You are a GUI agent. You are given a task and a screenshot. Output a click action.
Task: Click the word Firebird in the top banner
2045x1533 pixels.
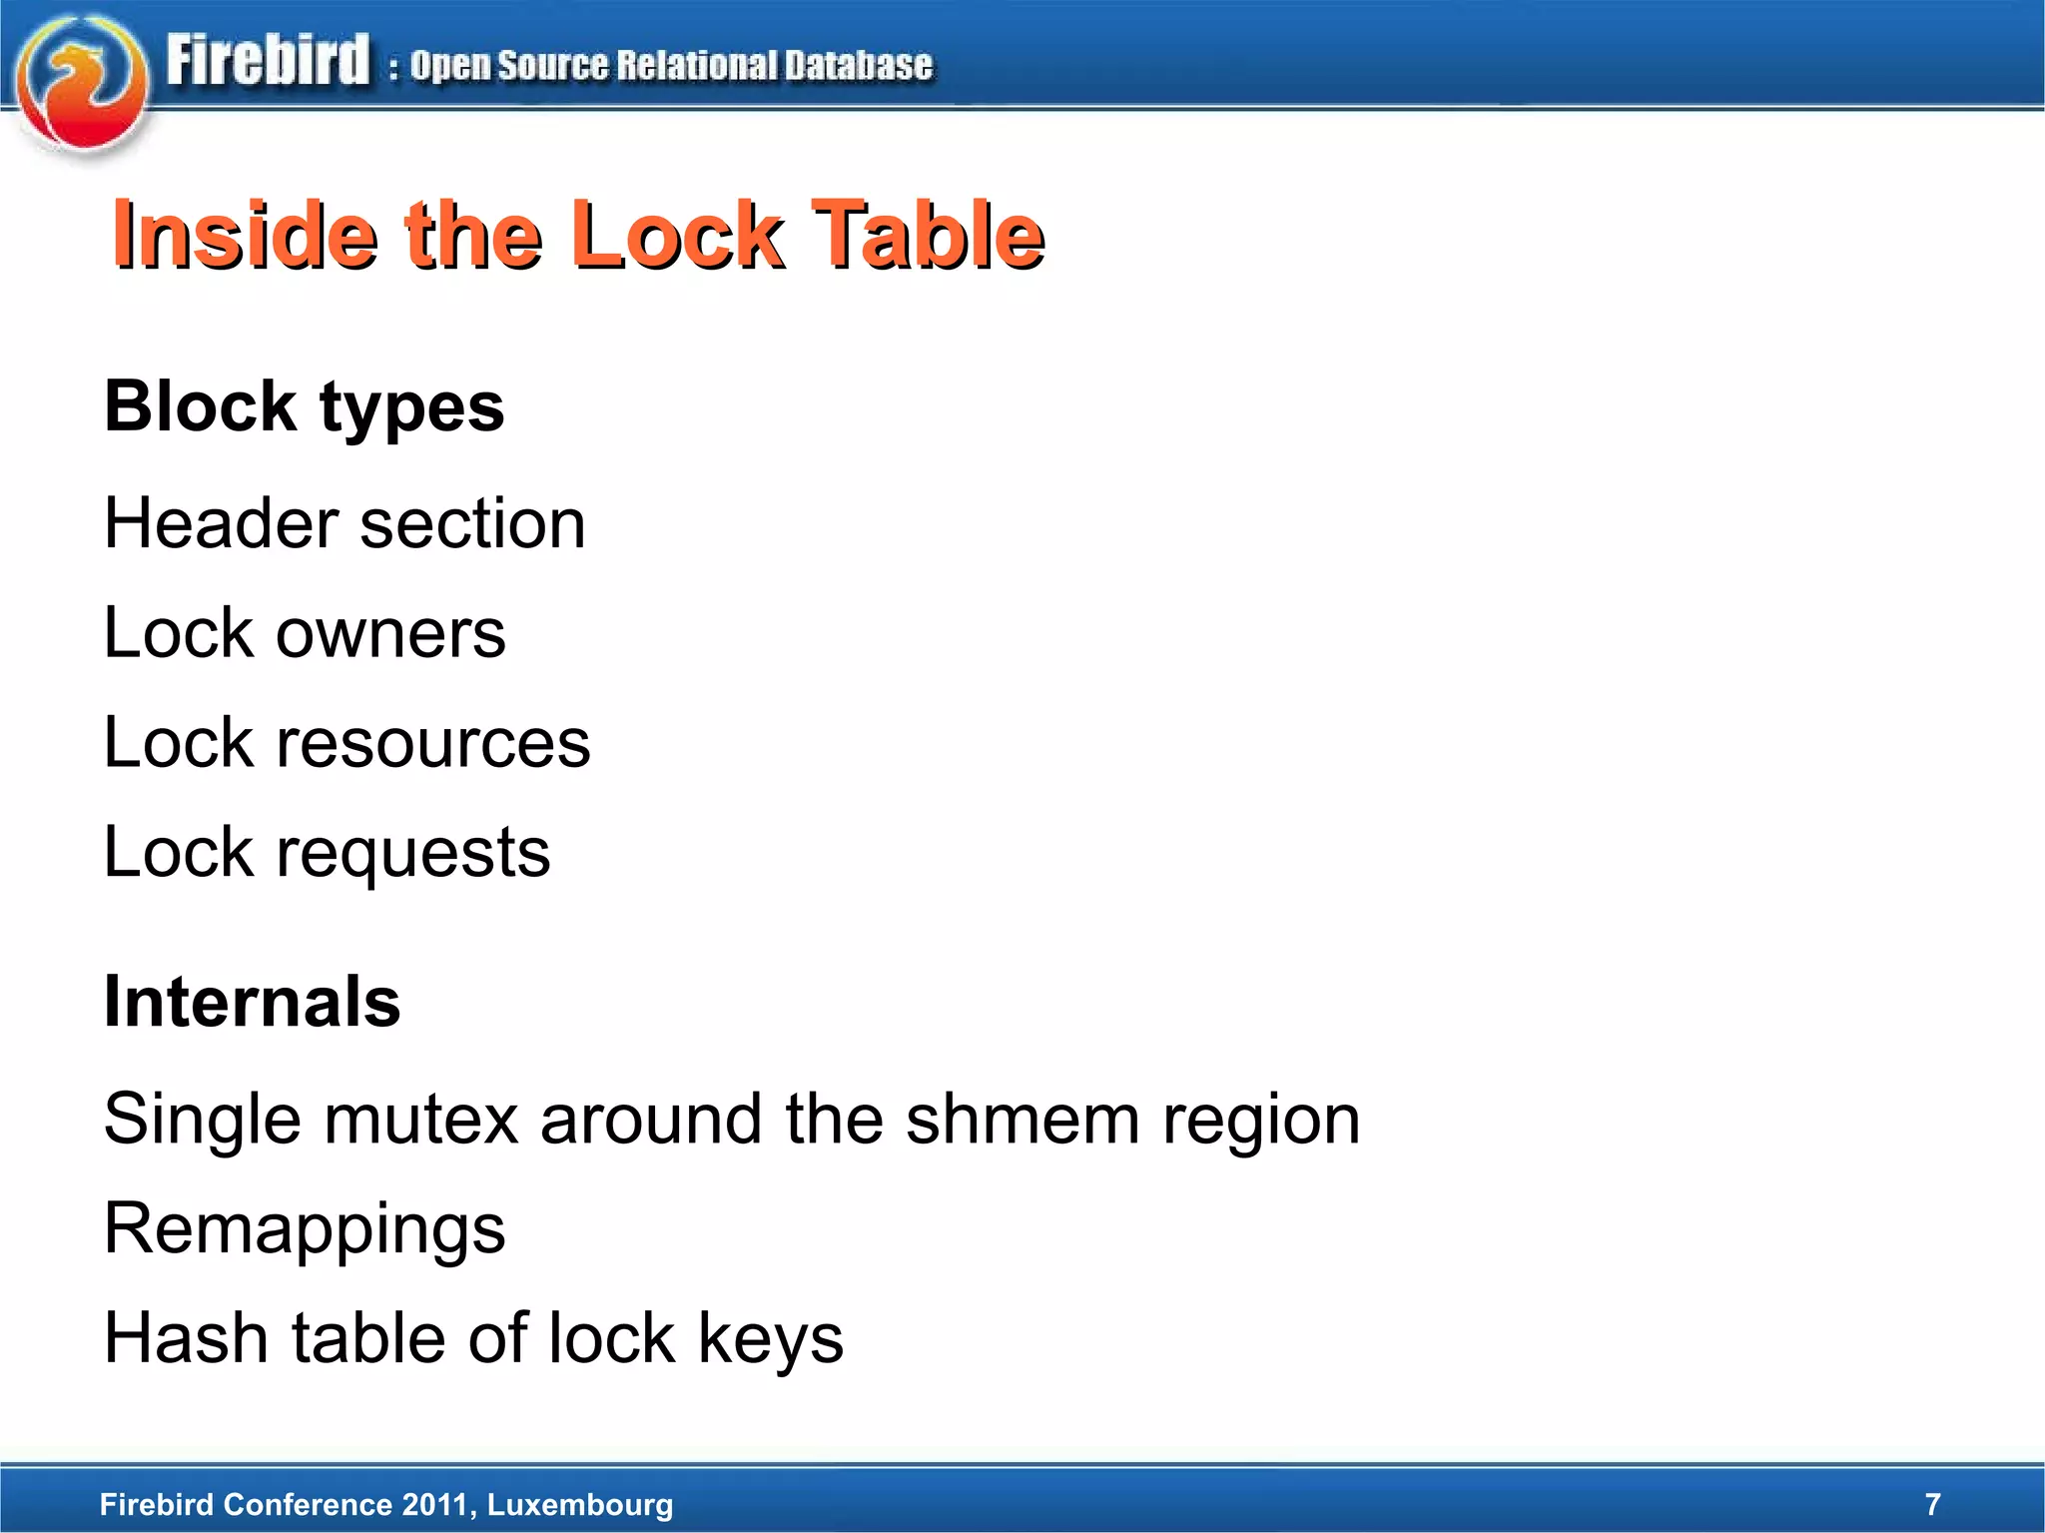268,61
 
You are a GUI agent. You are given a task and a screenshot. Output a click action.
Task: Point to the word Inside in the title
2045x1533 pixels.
246,236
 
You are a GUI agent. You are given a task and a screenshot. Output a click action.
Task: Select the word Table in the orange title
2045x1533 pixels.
928,236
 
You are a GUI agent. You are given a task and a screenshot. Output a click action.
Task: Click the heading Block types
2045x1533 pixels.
305,407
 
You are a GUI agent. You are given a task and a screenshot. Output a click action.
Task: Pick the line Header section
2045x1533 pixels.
344,523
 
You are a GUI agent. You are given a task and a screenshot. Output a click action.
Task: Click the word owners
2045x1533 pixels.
390,633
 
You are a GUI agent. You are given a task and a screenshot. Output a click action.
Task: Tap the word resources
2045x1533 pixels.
433,743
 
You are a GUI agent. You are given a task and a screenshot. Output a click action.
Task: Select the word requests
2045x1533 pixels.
412,853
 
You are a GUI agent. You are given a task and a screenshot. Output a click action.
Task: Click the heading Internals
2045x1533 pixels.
253,1002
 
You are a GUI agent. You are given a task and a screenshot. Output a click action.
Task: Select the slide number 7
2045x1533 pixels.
1932,1504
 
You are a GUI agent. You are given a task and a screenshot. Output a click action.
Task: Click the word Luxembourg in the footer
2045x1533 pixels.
580,1504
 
